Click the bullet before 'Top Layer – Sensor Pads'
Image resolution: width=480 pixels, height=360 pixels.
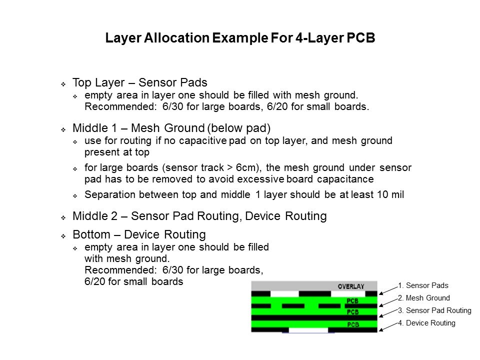click(63, 84)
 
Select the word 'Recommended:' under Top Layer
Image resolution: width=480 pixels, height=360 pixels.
click(121, 106)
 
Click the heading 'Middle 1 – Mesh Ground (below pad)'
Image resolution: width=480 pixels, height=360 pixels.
click(171, 128)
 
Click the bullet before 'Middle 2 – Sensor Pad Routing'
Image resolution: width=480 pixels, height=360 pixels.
click(63, 217)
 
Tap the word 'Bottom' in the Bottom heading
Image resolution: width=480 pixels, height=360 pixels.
click(91, 234)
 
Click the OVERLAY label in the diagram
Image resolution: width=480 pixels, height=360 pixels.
click(351, 286)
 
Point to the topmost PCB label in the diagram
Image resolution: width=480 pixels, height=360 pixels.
click(352, 301)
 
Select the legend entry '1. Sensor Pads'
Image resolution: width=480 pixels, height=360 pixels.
click(423, 285)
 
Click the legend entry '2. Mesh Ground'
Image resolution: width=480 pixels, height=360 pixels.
click(424, 298)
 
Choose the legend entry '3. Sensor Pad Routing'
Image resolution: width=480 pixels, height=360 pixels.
click(434, 310)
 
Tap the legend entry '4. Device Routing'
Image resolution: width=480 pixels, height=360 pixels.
click(426, 323)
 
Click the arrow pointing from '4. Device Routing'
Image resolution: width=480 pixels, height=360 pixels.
click(388, 326)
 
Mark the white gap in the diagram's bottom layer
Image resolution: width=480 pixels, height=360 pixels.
click(308, 330)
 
